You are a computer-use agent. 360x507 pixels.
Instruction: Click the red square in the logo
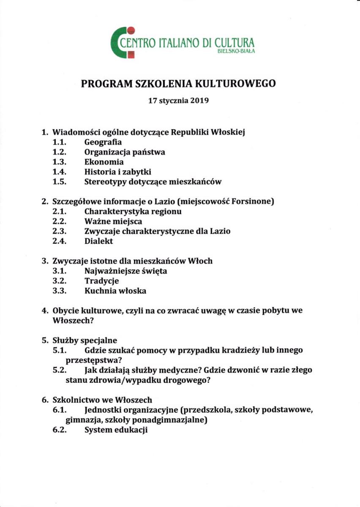click(x=131, y=55)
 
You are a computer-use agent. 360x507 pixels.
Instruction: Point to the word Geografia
click(x=103, y=142)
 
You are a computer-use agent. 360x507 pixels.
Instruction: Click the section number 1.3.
click(x=60, y=162)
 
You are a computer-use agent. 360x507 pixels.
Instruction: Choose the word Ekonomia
click(x=104, y=162)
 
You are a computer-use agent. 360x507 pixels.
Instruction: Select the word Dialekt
click(x=99, y=242)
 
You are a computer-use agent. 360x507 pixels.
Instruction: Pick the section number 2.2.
click(x=60, y=221)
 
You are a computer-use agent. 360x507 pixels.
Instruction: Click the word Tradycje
click(x=102, y=281)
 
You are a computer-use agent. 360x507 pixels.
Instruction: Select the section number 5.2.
click(x=60, y=370)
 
